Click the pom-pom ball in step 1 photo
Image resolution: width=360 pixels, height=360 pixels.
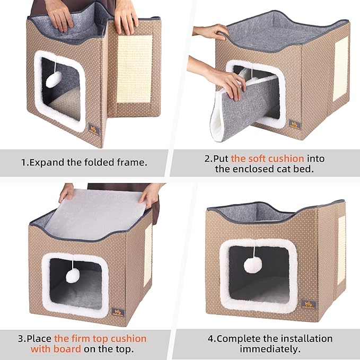54,80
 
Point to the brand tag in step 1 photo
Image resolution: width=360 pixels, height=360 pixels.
94,129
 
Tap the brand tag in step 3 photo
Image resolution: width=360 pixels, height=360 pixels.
117,312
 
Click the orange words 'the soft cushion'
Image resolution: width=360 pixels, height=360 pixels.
267,158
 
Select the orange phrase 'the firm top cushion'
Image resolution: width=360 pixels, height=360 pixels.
100,338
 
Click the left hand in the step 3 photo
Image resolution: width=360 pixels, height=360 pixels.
67,192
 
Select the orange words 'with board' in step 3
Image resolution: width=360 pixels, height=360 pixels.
56,349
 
